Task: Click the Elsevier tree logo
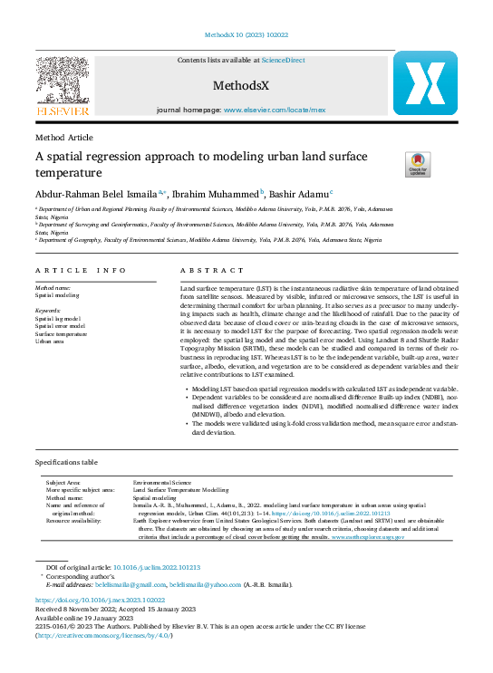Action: pos(62,82)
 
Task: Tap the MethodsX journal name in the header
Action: pos(237,87)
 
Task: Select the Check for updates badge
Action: pos(417,164)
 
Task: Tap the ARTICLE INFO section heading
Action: pos(81,271)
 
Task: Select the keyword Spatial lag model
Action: pos(57,320)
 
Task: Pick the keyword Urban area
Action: pos(50,341)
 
